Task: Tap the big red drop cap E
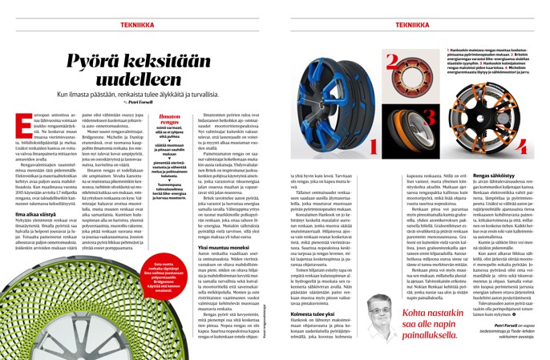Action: (x=22, y=121)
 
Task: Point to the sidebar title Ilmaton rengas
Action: (x=184, y=119)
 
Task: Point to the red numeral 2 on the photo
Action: (x=370, y=59)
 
